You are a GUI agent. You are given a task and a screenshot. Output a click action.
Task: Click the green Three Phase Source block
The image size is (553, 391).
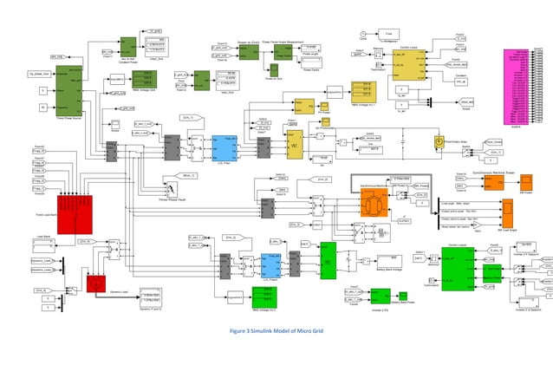pos(68,86)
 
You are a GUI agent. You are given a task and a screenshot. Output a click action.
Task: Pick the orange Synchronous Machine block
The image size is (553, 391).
pos(374,206)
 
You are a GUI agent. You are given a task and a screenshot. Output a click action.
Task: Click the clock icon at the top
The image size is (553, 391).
pos(362,36)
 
